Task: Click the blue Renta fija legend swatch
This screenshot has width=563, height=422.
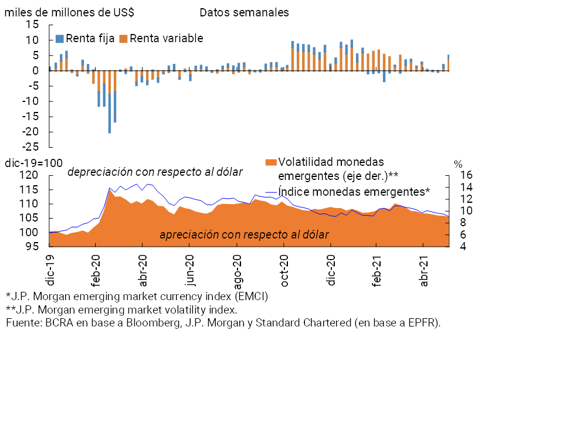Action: (59, 39)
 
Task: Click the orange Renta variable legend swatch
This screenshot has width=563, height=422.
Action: (123, 39)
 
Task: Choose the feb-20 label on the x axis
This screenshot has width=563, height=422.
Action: (96, 271)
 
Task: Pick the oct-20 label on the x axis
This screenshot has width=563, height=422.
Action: (284, 271)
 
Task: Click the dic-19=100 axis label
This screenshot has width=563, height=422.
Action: (30, 163)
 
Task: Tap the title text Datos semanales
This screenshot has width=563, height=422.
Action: (244, 12)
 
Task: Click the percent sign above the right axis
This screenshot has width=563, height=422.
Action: (458, 164)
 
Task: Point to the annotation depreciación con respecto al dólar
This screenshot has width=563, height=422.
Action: (155, 172)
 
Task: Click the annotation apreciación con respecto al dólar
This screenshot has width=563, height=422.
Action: (244, 234)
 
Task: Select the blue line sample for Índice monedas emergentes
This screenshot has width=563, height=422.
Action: (270, 192)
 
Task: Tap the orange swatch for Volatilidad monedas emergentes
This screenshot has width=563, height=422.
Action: (271, 162)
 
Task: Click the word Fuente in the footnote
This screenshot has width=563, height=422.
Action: (22, 322)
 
